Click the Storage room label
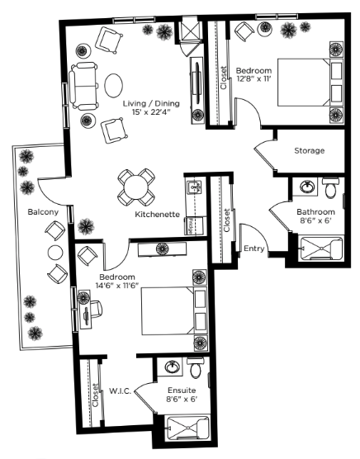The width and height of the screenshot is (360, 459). (x=310, y=151)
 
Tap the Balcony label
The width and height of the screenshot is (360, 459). (x=43, y=212)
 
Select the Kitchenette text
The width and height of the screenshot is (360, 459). (x=157, y=215)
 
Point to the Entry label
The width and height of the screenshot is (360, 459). (x=254, y=248)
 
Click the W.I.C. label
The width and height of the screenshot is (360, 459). (x=120, y=391)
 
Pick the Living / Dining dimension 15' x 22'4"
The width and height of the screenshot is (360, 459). (x=151, y=111)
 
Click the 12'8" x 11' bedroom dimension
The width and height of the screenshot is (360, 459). (x=254, y=78)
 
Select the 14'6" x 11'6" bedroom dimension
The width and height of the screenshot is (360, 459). (x=116, y=286)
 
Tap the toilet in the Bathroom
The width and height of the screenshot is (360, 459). (x=331, y=187)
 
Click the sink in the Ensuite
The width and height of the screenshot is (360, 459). (x=173, y=367)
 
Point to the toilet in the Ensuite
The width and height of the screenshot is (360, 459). (x=196, y=367)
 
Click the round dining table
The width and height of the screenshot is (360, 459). (x=136, y=187)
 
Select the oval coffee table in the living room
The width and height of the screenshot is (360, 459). (x=114, y=85)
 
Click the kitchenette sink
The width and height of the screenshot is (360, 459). (x=194, y=187)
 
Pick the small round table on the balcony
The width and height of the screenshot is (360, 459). (x=55, y=253)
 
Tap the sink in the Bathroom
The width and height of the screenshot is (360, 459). (x=307, y=187)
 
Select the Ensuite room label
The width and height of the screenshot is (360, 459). (x=182, y=390)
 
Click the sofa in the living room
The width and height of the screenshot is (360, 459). (x=83, y=86)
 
